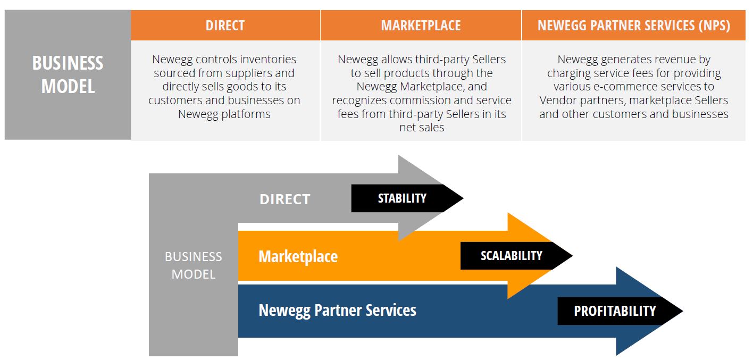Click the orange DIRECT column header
225,25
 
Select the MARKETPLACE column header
421,25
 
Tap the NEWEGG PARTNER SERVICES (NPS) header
633,25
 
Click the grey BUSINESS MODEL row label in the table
68,74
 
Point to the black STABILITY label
402,198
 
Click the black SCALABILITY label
511,256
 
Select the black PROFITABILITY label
614,311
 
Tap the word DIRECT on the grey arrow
285,199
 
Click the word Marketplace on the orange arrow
298,257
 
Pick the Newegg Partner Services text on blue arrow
337,310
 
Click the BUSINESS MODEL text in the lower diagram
194,265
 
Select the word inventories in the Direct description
267,60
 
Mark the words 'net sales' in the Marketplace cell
421,128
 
